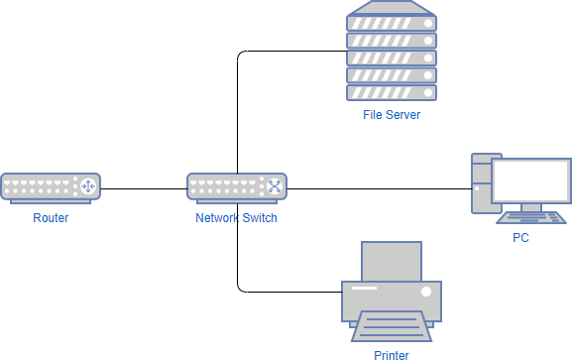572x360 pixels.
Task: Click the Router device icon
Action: (51, 187)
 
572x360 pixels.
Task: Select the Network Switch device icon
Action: (237, 187)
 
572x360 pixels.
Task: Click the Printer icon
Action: (391, 293)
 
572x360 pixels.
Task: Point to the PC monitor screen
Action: (531, 180)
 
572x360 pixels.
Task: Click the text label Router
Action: (51, 218)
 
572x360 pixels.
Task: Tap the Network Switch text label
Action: (237, 218)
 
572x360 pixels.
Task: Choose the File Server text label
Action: (391, 115)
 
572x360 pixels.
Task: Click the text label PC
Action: (520, 238)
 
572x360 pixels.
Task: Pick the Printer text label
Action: (391, 353)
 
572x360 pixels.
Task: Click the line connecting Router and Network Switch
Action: (144, 187)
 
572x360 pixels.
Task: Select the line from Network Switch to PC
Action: (377, 187)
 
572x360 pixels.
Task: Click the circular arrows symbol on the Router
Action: (87, 186)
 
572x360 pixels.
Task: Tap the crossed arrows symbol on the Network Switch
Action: (274, 186)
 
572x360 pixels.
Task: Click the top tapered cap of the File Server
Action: (391, 17)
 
